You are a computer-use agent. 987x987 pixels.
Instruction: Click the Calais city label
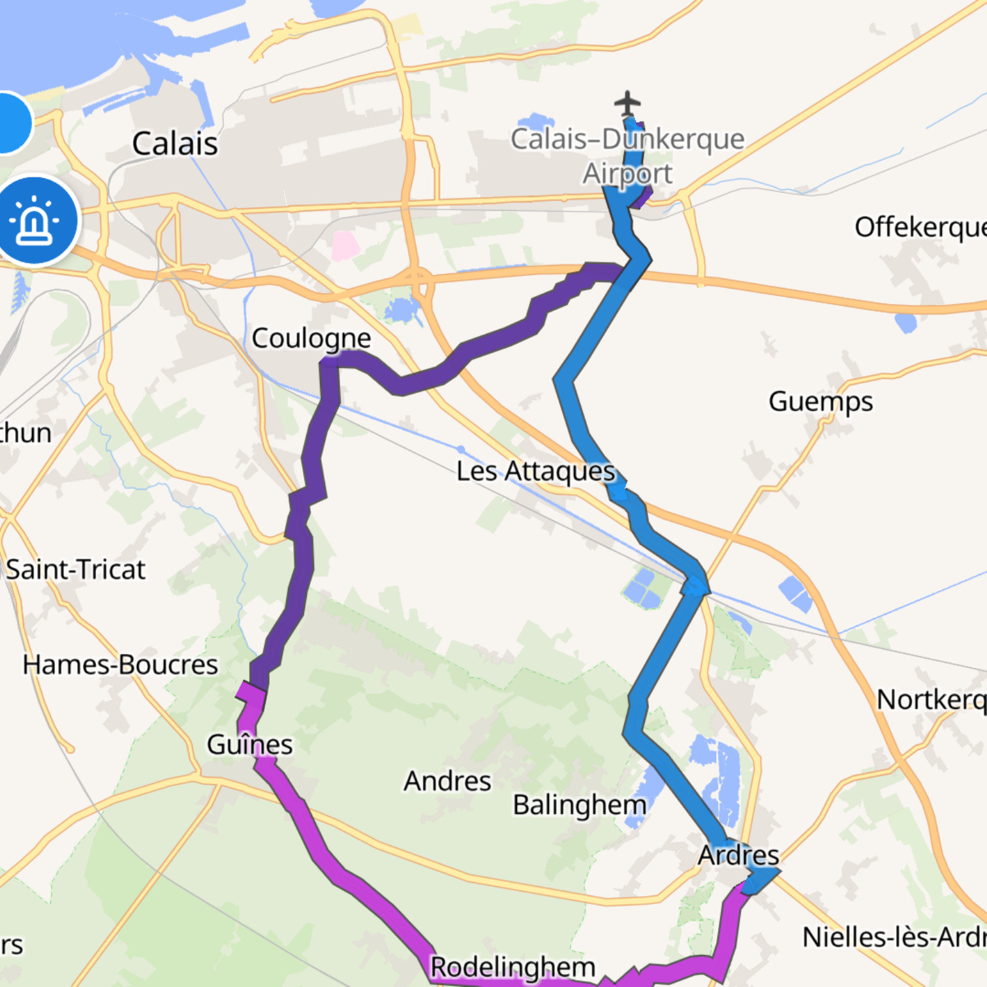(174, 144)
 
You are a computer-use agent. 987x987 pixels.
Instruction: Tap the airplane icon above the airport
(627, 103)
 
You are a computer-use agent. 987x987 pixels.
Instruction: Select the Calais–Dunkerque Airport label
(627, 156)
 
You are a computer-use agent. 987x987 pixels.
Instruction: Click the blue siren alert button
(36, 221)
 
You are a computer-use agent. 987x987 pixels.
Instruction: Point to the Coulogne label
(311, 338)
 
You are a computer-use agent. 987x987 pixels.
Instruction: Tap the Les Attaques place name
(535, 471)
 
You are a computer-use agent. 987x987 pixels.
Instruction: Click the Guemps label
(821, 401)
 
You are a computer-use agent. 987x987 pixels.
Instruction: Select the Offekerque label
(920, 227)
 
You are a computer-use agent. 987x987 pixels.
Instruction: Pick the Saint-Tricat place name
(76, 569)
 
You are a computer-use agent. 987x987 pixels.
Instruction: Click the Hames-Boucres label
(120, 665)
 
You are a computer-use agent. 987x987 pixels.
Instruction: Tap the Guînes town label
(249, 744)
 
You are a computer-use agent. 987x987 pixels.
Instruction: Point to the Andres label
(447, 781)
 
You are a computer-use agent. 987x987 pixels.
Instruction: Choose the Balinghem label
(579, 805)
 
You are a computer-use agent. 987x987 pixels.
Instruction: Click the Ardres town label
(738, 854)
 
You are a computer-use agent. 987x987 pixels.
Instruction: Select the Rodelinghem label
(512, 967)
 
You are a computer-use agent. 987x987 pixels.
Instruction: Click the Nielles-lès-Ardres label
(894, 937)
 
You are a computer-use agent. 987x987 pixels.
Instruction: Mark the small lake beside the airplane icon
(535, 122)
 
